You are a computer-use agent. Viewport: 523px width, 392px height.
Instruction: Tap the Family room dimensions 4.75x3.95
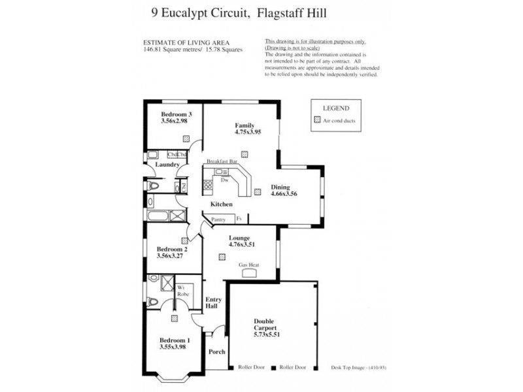point(248,132)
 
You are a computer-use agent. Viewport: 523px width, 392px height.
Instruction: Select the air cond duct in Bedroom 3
point(186,139)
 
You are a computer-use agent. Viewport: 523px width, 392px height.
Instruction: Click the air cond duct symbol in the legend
point(318,120)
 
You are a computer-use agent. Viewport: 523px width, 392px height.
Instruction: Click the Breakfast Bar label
point(221,161)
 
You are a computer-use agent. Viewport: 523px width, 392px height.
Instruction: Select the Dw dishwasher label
point(224,180)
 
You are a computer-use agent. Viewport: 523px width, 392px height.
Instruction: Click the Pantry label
point(218,220)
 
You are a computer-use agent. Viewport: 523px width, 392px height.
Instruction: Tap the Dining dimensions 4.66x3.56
point(285,194)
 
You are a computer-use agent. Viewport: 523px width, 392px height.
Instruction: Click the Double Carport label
point(266,325)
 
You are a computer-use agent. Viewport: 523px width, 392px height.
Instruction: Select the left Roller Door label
point(251,368)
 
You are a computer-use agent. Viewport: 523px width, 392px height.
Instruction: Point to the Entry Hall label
point(214,303)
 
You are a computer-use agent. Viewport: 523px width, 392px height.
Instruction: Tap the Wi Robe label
point(183,291)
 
